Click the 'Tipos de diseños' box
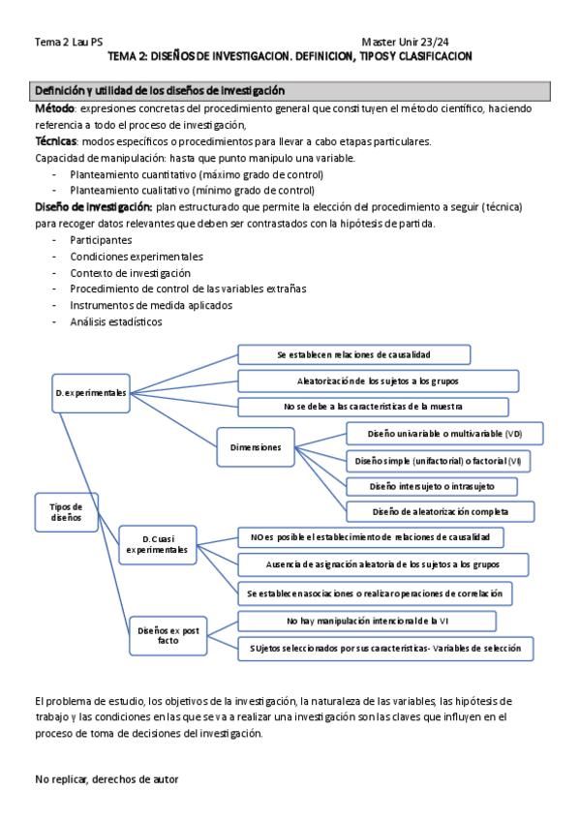tap(66, 512)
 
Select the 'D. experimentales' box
tap(90, 392)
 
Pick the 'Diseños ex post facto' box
tap(168, 635)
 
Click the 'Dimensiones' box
tap(255, 446)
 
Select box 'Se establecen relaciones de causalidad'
tap(353, 355)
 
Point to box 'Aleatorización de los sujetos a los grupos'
tap(371, 380)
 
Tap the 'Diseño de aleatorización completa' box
tap(440, 510)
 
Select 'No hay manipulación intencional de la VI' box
tap(366, 621)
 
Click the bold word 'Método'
tap(54, 110)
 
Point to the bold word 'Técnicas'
tap(56, 141)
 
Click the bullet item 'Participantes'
tap(101, 239)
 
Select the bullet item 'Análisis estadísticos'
tap(115, 322)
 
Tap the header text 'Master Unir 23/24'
tap(405, 42)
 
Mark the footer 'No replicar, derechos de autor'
tap(107, 778)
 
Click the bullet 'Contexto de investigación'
tap(130, 273)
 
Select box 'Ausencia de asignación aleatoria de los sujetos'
tap(383, 564)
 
